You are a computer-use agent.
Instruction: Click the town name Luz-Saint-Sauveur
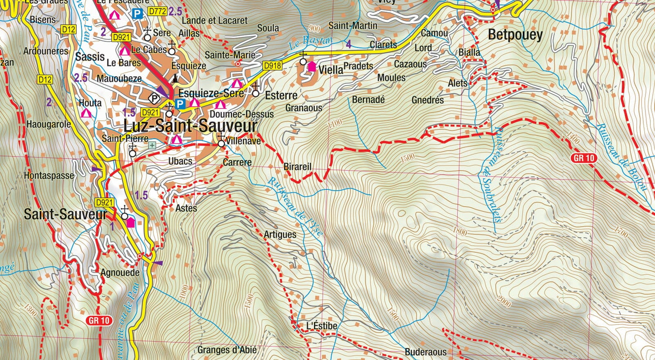190,126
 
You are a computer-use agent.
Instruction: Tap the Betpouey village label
515,35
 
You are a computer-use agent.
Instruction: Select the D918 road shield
272,66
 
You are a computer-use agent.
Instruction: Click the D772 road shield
157,11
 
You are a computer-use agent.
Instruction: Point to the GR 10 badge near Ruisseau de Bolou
584,158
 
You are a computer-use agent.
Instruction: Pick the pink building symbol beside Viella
312,67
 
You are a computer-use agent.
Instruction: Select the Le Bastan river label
310,41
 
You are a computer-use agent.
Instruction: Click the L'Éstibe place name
321,326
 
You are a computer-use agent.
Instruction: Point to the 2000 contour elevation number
503,301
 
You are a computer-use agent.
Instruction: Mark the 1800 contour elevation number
459,231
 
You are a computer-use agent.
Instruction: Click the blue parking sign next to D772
137,14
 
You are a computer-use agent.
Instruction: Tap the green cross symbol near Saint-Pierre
152,145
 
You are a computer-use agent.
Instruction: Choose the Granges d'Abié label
227,350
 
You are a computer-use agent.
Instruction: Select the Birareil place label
297,167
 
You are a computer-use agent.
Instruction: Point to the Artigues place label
280,234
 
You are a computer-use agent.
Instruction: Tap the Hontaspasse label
49,175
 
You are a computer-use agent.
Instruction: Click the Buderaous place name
425,352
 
